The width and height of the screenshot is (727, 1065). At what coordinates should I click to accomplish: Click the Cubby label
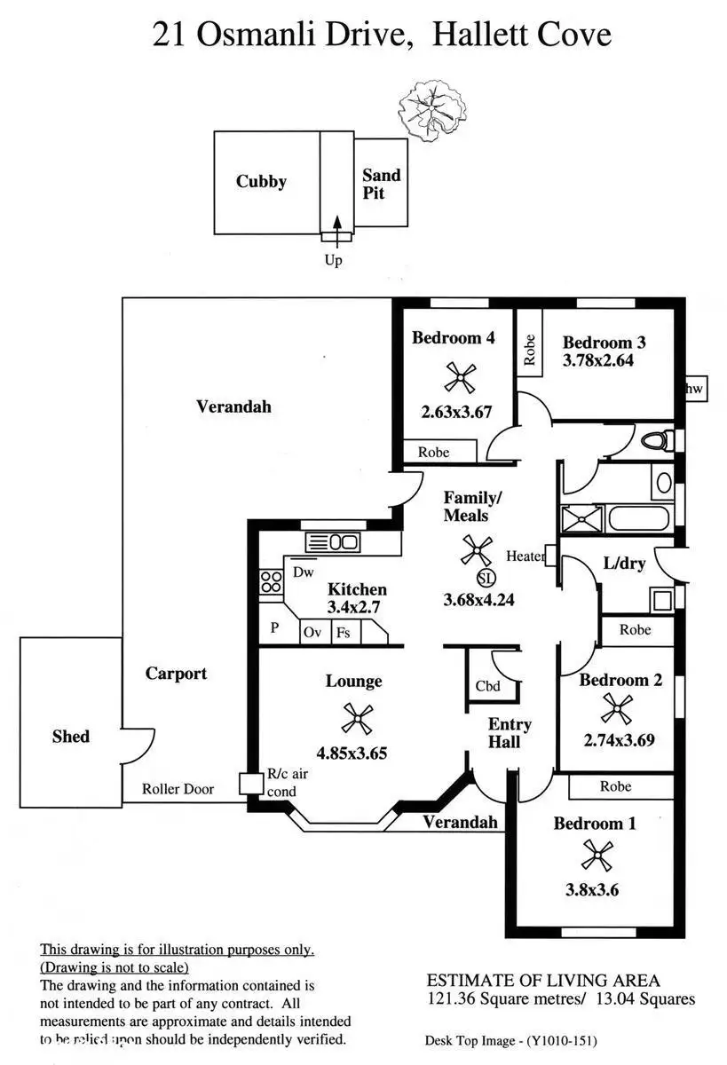(x=261, y=182)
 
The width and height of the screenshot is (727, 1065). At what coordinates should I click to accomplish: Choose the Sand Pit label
(x=381, y=184)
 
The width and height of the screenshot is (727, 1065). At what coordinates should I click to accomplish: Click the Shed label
(x=70, y=736)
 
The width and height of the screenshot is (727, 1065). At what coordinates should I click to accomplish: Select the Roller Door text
(x=178, y=788)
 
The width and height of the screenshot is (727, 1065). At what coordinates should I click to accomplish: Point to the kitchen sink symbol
(x=332, y=541)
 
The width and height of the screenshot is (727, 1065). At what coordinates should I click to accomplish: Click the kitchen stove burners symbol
(x=270, y=583)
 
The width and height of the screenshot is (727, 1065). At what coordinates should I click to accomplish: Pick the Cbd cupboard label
(x=487, y=685)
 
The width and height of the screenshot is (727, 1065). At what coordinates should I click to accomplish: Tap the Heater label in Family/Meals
(x=525, y=556)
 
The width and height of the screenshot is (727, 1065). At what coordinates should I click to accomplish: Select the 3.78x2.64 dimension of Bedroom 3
(x=597, y=361)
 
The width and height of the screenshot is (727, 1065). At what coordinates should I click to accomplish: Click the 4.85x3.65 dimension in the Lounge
(x=349, y=753)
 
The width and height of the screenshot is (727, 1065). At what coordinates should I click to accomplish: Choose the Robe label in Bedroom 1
(x=615, y=786)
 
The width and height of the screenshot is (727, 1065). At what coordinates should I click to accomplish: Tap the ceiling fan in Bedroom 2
(x=614, y=707)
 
